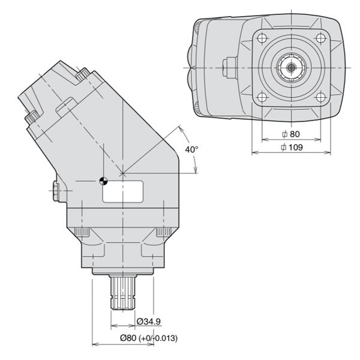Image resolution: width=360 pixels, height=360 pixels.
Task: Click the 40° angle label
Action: pyautogui.click(x=192, y=149)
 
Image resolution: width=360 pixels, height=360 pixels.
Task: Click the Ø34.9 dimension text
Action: pyautogui.click(x=149, y=322)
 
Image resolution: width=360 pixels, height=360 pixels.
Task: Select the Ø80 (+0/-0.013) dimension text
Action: pyautogui.click(x=149, y=338)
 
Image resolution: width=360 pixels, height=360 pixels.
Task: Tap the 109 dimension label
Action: pyautogui.click(x=292, y=147)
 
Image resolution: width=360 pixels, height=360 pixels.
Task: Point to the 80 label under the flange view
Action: pyautogui.click(x=291, y=134)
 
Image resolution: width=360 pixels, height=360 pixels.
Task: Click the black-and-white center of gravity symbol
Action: pyautogui.click(x=104, y=181)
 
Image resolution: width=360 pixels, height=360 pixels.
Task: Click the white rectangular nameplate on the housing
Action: pyautogui.click(x=123, y=191)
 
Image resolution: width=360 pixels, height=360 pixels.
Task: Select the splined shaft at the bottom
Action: pyautogui.click(x=123, y=292)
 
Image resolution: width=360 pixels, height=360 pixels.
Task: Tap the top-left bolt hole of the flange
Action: pyautogui.click(x=262, y=38)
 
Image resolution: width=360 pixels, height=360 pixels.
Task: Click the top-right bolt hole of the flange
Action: pyautogui.click(x=321, y=38)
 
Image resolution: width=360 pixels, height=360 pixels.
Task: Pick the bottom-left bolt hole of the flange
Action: pyautogui.click(x=262, y=97)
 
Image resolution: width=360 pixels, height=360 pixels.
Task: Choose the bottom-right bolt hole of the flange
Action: pyautogui.click(x=321, y=97)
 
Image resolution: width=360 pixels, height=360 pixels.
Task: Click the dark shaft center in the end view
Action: pyautogui.click(x=292, y=67)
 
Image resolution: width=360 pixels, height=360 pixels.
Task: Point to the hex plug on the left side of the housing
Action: pyautogui.click(x=56, y=191)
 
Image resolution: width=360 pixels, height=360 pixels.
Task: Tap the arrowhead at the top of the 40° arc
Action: pyautogui.click(x=181, y=129)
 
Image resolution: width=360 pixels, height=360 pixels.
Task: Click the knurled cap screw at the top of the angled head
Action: pyautogui.click(x=83, y=74)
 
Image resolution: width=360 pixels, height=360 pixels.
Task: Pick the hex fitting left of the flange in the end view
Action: pyautogui.click(x=230, y=68)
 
